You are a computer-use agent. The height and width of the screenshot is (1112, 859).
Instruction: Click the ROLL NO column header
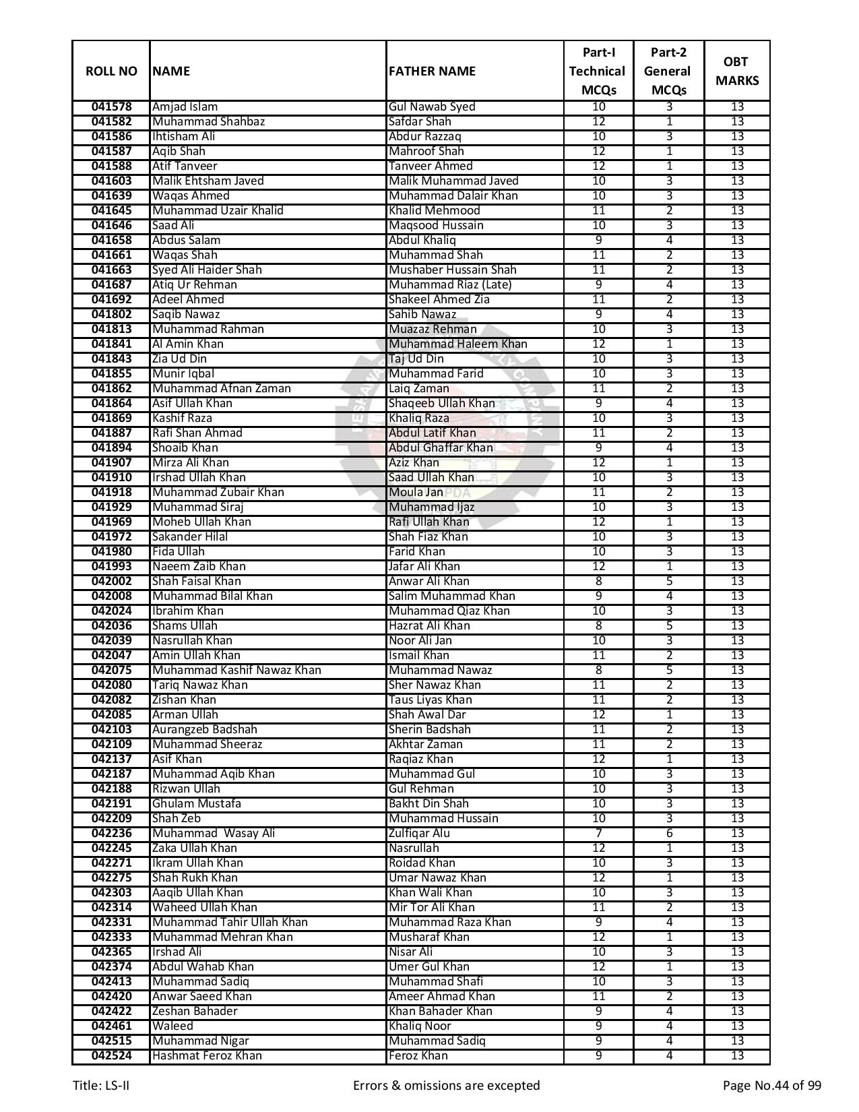pos(111,71)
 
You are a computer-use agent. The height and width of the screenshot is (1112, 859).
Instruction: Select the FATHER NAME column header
pos(432,71)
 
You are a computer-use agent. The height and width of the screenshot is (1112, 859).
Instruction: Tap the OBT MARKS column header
pos(736,71)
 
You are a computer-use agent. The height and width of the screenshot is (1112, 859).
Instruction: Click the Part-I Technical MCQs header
pos(598,71)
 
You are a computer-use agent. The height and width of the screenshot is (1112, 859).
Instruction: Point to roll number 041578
pos(111,106)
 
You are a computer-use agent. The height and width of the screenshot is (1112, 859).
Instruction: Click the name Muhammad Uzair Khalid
pos(218,210)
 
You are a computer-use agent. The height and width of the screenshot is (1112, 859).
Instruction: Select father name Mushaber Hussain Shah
pos(452,270)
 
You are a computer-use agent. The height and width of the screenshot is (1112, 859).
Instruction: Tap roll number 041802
pos(111,314)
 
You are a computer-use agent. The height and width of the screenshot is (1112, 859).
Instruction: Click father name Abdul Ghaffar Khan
pos(441,447)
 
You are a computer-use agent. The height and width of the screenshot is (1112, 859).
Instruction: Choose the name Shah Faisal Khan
pos(196,581)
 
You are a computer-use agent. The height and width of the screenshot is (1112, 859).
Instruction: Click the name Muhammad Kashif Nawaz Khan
pos(236,670)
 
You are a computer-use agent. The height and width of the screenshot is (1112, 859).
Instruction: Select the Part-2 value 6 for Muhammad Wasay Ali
pos(668,833)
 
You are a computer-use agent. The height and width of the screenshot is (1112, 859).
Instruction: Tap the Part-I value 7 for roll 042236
pos(598,833)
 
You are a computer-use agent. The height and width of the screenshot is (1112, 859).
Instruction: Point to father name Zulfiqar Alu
pos(419,833)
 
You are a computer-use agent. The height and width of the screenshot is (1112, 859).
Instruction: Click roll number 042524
pos(111,1055)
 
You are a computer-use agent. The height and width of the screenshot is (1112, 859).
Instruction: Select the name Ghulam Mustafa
pos(196,803)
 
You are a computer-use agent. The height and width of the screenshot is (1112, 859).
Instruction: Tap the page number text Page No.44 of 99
pos(771,1085)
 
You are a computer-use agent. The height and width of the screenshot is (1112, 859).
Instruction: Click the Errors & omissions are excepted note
pos(446,1085)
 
